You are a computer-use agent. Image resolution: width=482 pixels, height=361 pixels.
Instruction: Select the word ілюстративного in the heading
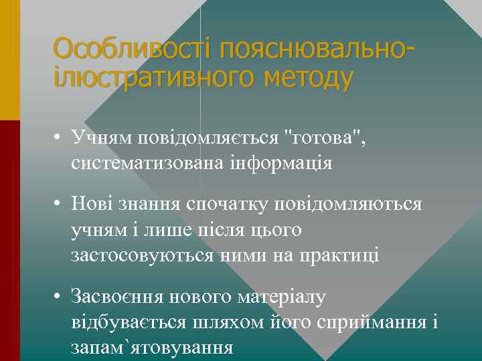156,78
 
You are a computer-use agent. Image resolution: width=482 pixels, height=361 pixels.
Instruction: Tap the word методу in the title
308,78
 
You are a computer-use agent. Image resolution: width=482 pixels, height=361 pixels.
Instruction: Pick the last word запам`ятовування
152,348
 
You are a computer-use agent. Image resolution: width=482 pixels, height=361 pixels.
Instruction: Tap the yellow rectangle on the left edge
10,60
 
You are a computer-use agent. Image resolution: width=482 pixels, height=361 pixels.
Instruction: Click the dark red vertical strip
10,241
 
